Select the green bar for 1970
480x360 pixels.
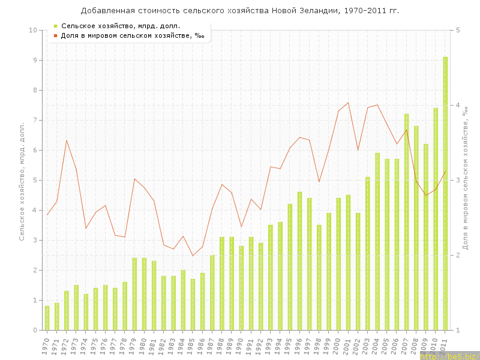click(47, 318)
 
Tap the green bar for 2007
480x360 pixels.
click(406, 222)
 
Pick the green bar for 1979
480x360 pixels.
click(134, 294)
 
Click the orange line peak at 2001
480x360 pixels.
click(348, 103)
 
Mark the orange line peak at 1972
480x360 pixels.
click(67, 140)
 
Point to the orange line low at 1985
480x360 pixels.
click(193, 256)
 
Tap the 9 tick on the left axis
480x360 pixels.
click(34, 60)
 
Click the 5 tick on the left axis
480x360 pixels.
click(34, 180)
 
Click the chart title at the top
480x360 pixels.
click(240, 11)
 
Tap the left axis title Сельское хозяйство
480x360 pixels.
click(22, 180)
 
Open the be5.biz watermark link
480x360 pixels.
click(450, 356)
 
